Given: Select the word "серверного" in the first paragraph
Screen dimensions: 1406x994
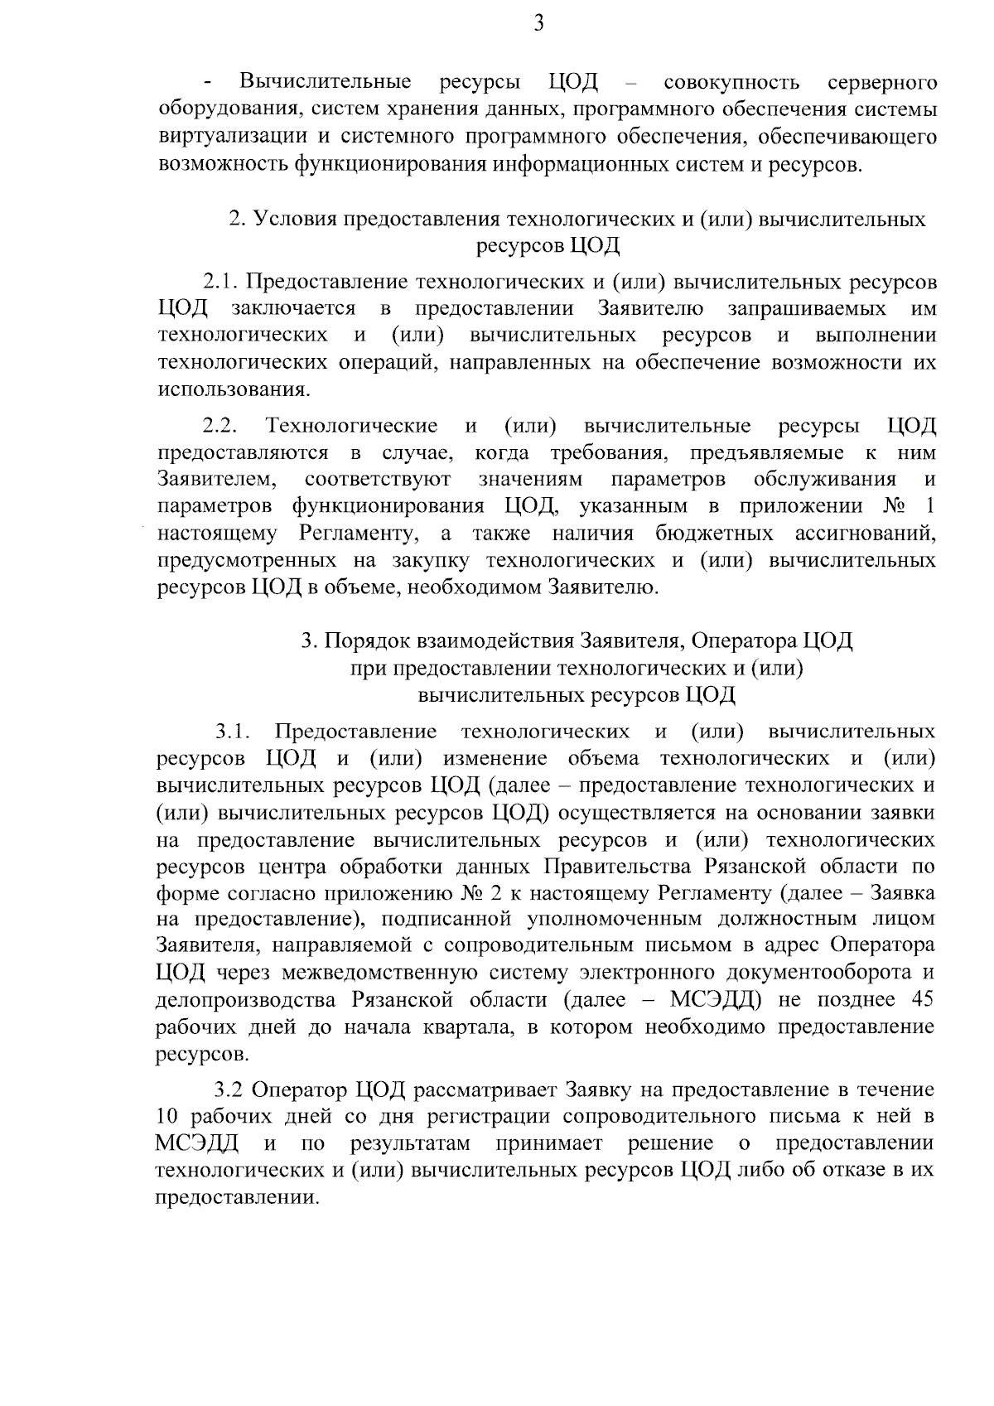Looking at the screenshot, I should [882, 83].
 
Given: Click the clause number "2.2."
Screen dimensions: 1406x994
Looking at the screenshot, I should [221, 427].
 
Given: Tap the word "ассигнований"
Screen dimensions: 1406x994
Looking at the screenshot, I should [869, 533].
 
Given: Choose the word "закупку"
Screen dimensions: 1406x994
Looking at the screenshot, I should [431, 560].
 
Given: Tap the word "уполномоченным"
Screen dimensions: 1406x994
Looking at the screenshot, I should [620, 920].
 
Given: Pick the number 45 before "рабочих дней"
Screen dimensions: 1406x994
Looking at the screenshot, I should [922, 1000].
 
